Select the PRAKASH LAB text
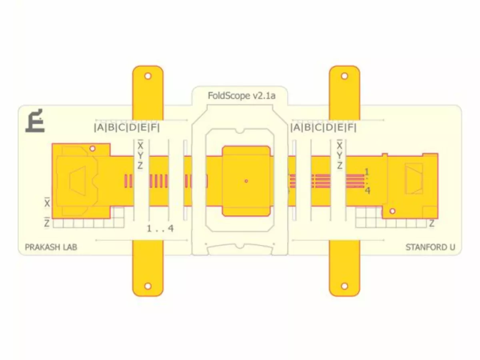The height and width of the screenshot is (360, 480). click(51, 247)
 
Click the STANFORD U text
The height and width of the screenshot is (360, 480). click(430, 247)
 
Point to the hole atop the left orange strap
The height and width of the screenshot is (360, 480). click(148, 76)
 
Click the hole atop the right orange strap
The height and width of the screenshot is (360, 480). click(344, 76)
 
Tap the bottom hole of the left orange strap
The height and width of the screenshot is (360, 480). click(148, 286)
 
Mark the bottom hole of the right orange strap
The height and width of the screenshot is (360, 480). click(344, 286)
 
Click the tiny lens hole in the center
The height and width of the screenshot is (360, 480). click(246, 181)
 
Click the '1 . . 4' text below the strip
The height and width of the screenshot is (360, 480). click(160, 229)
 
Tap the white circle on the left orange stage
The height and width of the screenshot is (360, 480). click(92, 149)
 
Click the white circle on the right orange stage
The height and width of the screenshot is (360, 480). click(392, 211)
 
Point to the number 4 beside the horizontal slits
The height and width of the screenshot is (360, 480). click(367, 191)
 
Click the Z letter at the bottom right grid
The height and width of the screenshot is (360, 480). click(432, 224)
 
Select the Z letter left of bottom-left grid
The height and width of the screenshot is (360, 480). click(47, 223)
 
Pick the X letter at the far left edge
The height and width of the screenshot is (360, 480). click(47, 203)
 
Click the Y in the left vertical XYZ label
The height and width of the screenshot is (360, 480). click(140, 155)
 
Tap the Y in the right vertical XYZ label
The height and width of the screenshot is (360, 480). click(340, 155)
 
